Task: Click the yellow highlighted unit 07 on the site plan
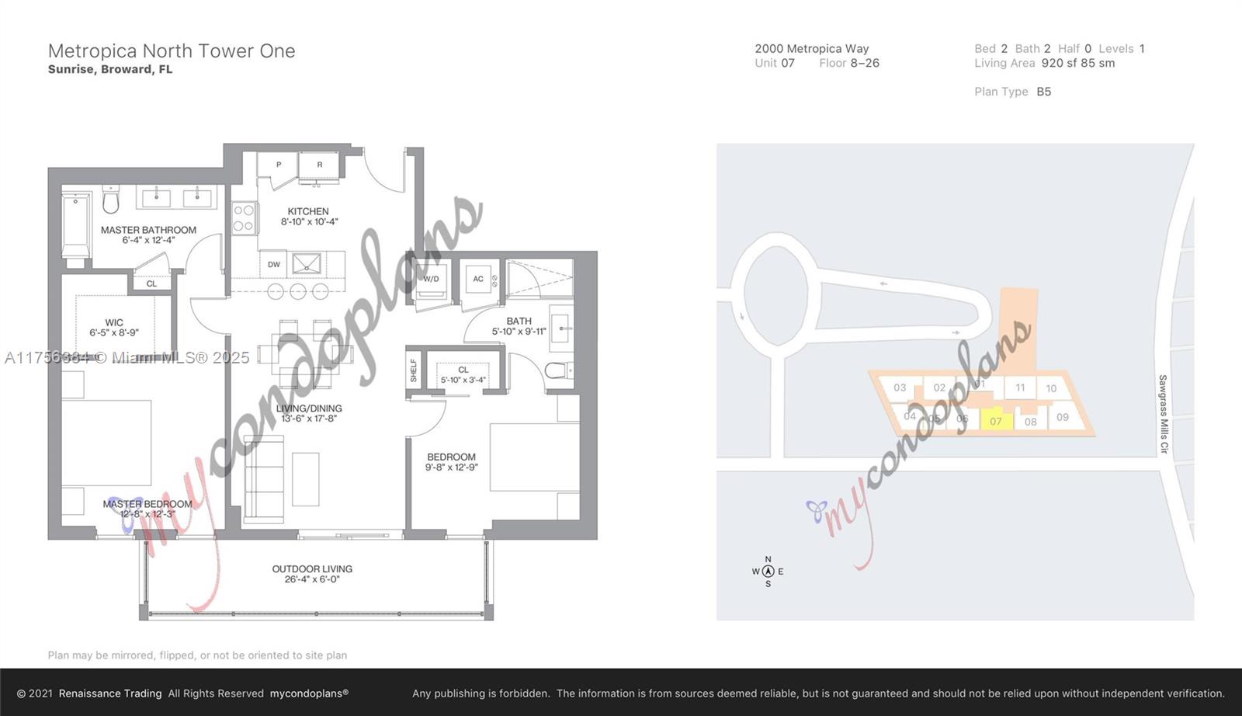pos(995,420)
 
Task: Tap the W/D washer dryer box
pos(431,280)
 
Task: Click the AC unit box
pos(478,279)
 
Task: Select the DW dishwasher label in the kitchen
pos(274,264)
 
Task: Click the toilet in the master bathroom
pos(111,201)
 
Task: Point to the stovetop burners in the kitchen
pos(244,217)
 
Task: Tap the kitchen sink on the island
pos(307,264)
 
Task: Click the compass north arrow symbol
pos(768,572)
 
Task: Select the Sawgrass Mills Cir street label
pos(1163,414)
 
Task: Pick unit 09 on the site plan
pos(1062,417)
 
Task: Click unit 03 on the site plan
pos(900,388)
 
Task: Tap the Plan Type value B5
pos(1043,92)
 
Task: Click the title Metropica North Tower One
pos(172,51)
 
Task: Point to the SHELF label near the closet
pos(414,370)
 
